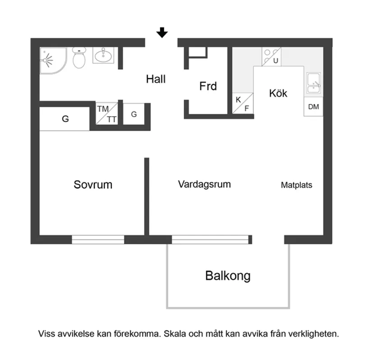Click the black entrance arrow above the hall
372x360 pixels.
coord(162,32)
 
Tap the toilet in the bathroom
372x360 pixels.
coord(79,59)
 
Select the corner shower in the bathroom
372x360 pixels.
coord(51,59)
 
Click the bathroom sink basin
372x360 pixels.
coord(104,56)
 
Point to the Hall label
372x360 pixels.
coord(156,79)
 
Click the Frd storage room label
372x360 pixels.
coord(208,86)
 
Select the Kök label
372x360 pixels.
coord(278,93)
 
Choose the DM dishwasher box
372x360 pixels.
coord(313,107)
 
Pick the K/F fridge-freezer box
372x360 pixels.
coord(242,104)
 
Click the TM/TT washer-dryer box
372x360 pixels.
coord(106,114)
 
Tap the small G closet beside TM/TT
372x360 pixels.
coord(134,114)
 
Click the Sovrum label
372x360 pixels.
coord(93,185)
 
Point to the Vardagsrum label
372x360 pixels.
coord(204,184)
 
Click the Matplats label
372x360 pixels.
coord(296,185)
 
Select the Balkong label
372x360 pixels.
coord(228,275)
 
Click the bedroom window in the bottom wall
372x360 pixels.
coord(98,239)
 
